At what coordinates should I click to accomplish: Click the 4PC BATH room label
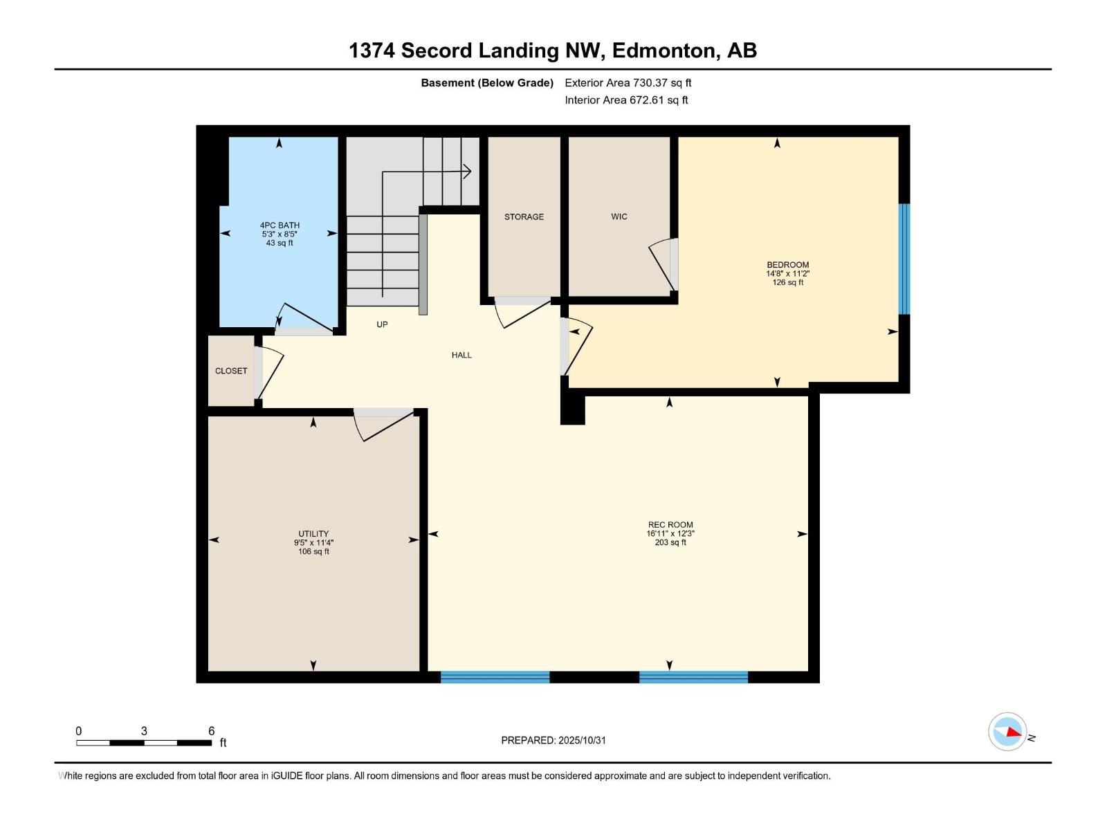point(280,225)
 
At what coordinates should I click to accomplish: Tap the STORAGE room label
point(524,216)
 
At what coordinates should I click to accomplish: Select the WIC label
point(619,216)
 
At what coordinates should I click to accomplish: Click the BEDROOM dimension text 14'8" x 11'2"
point(787,273)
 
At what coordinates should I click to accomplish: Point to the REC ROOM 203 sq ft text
point(670,542)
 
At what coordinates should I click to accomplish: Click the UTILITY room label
point(313,533)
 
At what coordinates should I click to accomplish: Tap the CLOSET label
point(230,371)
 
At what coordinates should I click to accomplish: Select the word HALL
point(461,355)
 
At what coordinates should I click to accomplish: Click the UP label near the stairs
point(382,324)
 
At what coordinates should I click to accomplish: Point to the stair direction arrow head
point(468,171)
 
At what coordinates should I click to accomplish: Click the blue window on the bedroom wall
point(904,259)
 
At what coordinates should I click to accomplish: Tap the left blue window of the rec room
point(495,677)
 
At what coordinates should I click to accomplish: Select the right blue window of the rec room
point(693,677)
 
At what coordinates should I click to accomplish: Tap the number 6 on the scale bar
point(212,731)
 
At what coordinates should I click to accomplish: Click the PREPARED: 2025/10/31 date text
point(553,740)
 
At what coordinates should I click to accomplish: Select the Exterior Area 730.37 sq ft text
point(628,82)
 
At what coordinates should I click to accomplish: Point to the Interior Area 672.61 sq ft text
point(626,100)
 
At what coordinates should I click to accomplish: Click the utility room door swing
point(384,425)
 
